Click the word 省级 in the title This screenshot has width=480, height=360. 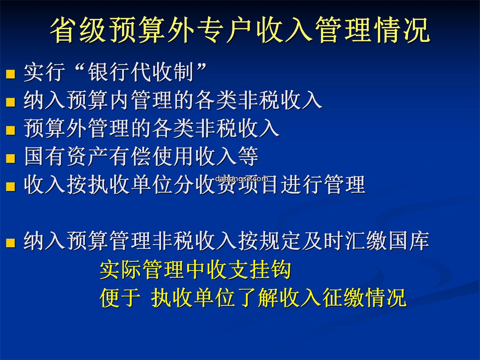pyautogui.click(x=79, y=30)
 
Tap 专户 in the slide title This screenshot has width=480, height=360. pyautogui.click(x=226, y=30)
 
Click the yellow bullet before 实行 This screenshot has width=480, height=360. pyautogui.click(x=10, y=74)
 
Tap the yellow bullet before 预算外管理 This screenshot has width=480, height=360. pyautogui.click(x=10, y=130)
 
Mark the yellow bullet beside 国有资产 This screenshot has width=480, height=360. pyautogui.click(x=10, y=158)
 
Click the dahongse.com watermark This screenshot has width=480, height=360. pyautogui.click(x=241, y=179)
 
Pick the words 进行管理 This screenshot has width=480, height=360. pyautogui.click(x=323, y=184)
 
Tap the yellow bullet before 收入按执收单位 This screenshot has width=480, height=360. pyautogui.click(x=10, y=186)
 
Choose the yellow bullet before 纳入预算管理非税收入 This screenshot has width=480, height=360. pyautogui.click(x=10, y=243)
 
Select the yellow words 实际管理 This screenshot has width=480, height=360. pyautogui.click(x=142, y=269)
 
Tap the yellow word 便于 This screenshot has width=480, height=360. pyautogui.click(x=120, y=297)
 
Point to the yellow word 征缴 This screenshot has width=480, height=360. pyautogui.click(x=344, y=297)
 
